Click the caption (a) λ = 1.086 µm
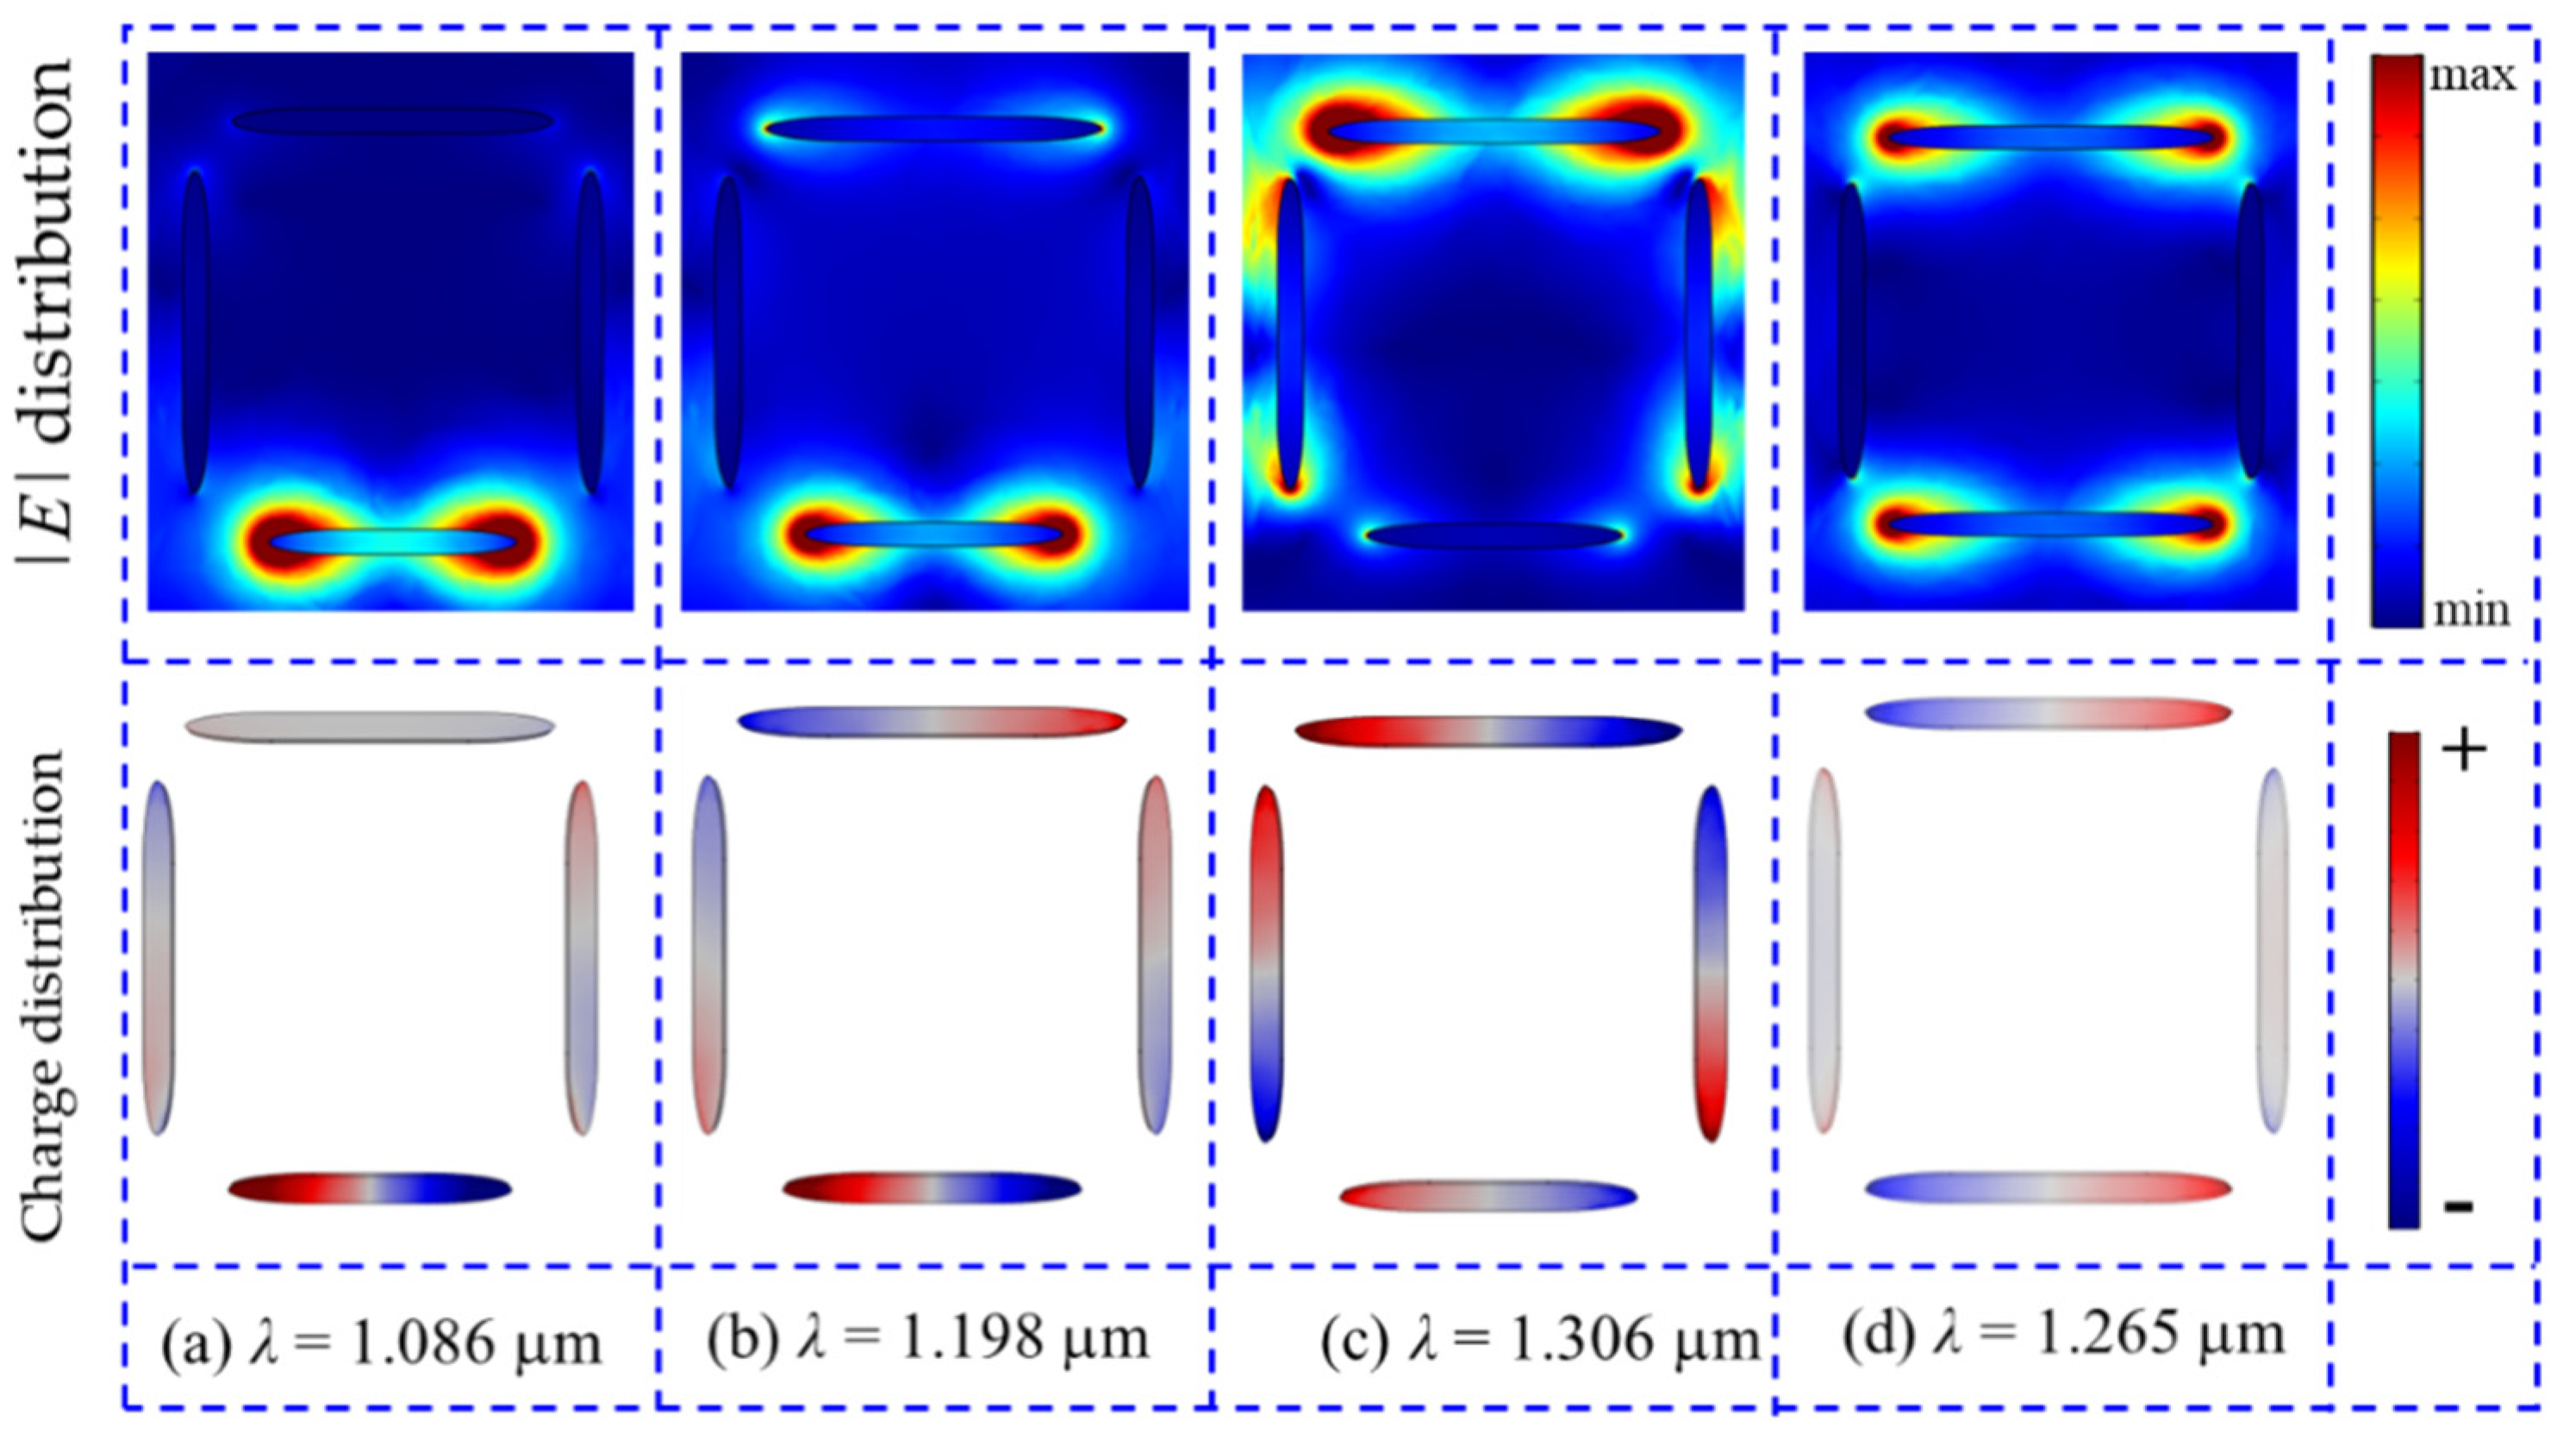(382, 1343)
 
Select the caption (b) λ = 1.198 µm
(928, 1338)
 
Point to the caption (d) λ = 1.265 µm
(2065, 1337)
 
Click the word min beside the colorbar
(2470, 610)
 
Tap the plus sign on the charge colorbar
(2463, 753)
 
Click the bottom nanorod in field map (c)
(1494, 536)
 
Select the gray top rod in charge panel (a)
(369, 725)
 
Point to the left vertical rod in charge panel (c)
(1268, 963)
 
